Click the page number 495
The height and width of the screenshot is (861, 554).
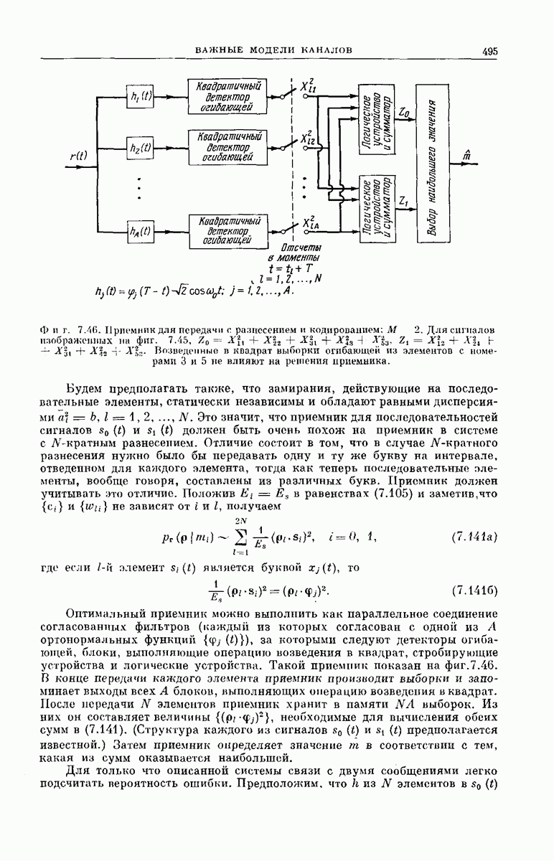490,52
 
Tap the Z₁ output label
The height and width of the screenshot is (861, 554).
404,204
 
